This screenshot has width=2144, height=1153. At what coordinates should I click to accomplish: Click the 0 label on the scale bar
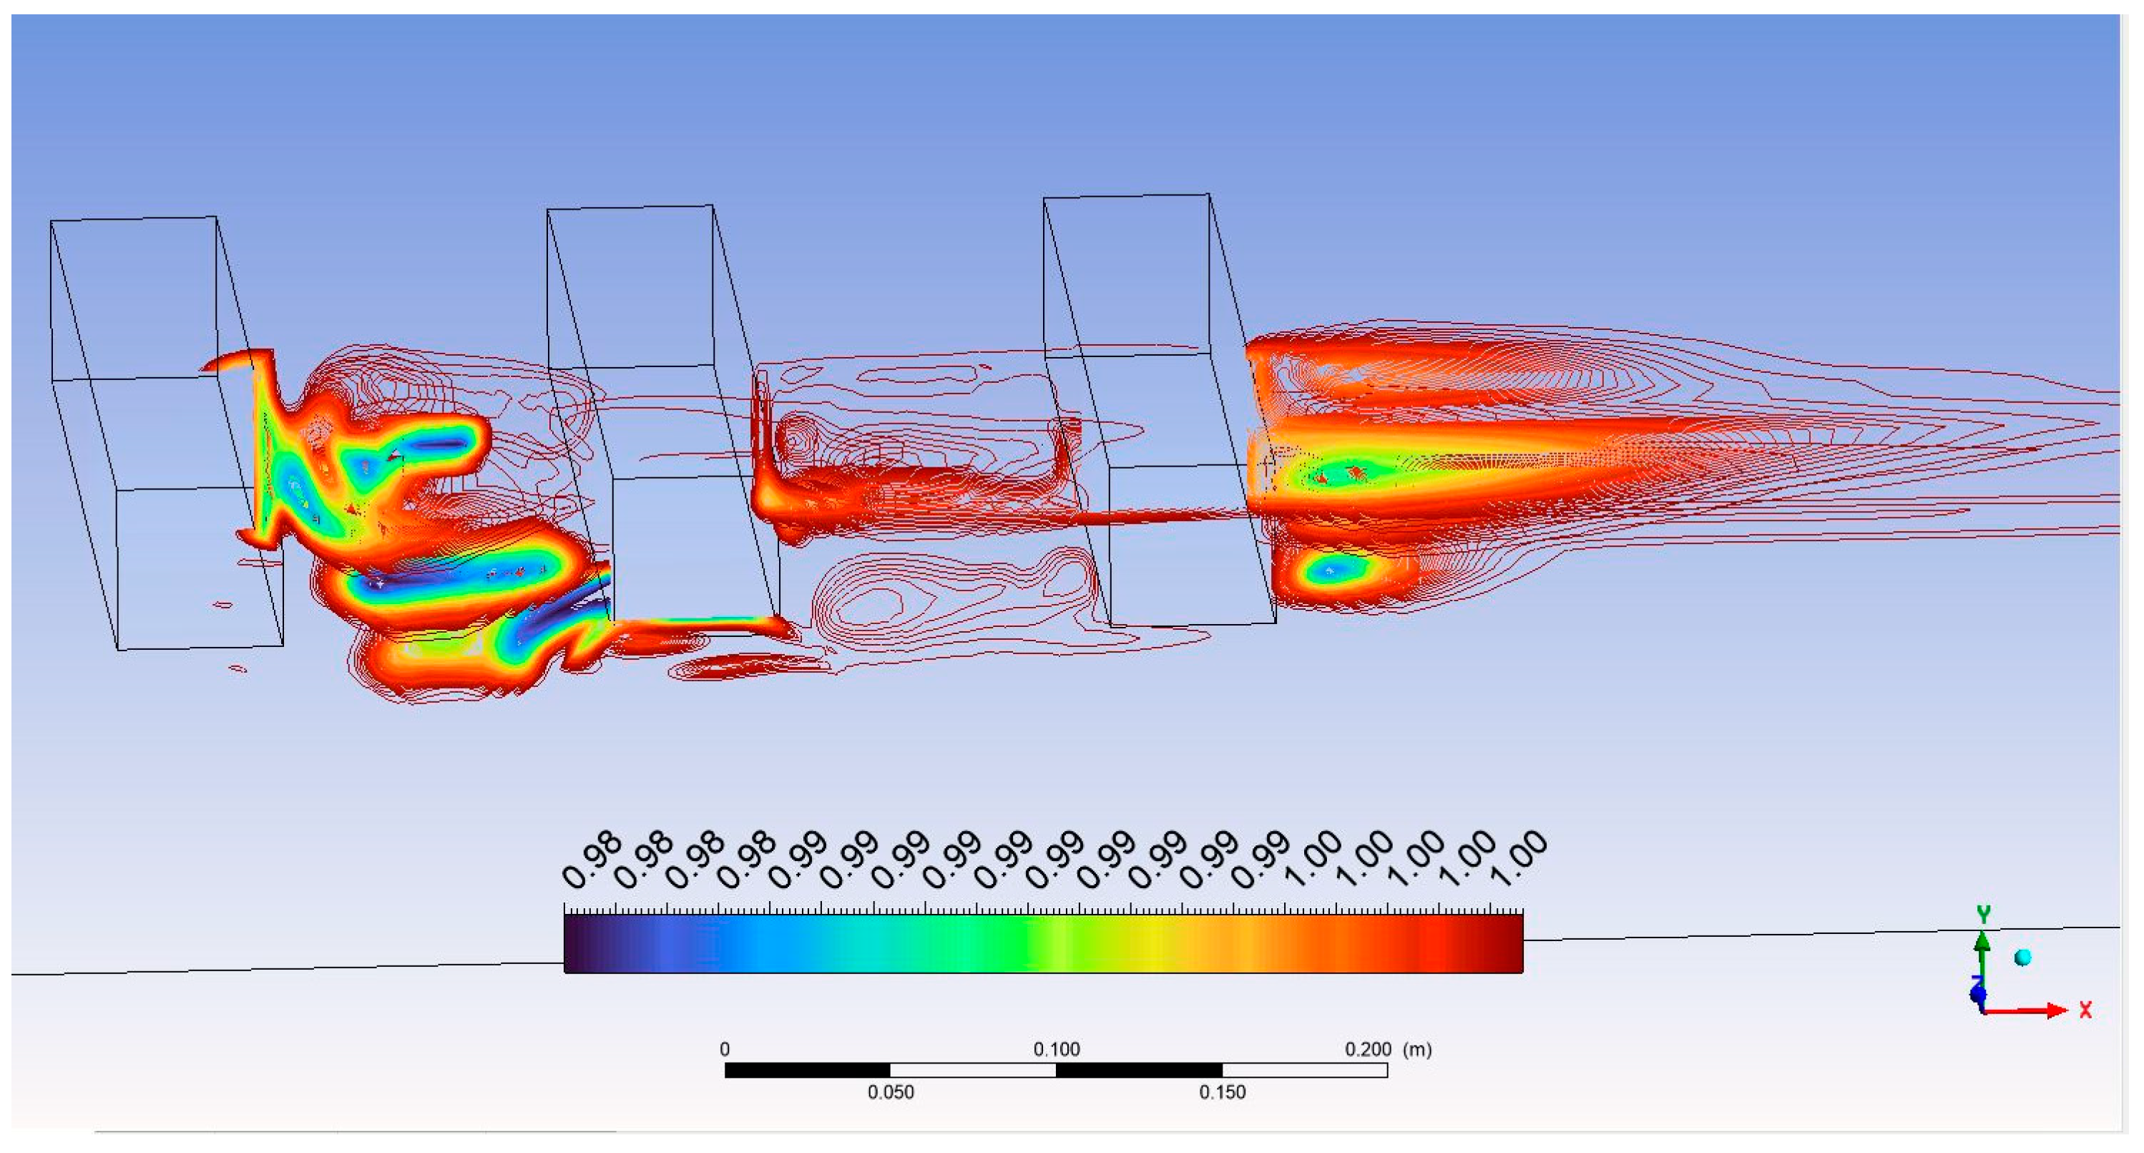click(x=724, y=1049)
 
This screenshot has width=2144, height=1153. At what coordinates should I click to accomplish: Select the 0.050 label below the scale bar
click(x=891, y=1092)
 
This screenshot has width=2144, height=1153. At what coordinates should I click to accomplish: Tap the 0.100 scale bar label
click(x=1056, y=1049)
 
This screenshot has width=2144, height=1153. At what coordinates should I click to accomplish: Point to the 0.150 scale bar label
click(x=1222, y=1092)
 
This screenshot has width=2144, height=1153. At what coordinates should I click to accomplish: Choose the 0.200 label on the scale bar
click(x=1368, y=1049)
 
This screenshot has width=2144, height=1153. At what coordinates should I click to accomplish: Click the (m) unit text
click(x=1417, y=1049)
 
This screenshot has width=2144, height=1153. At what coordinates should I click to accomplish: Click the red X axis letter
click(x=2085, y=1010)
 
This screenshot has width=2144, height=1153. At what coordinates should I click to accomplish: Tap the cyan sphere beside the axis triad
click(x=2022, y=958)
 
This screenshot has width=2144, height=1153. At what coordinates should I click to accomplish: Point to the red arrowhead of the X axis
click(x=2057, y=1011)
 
